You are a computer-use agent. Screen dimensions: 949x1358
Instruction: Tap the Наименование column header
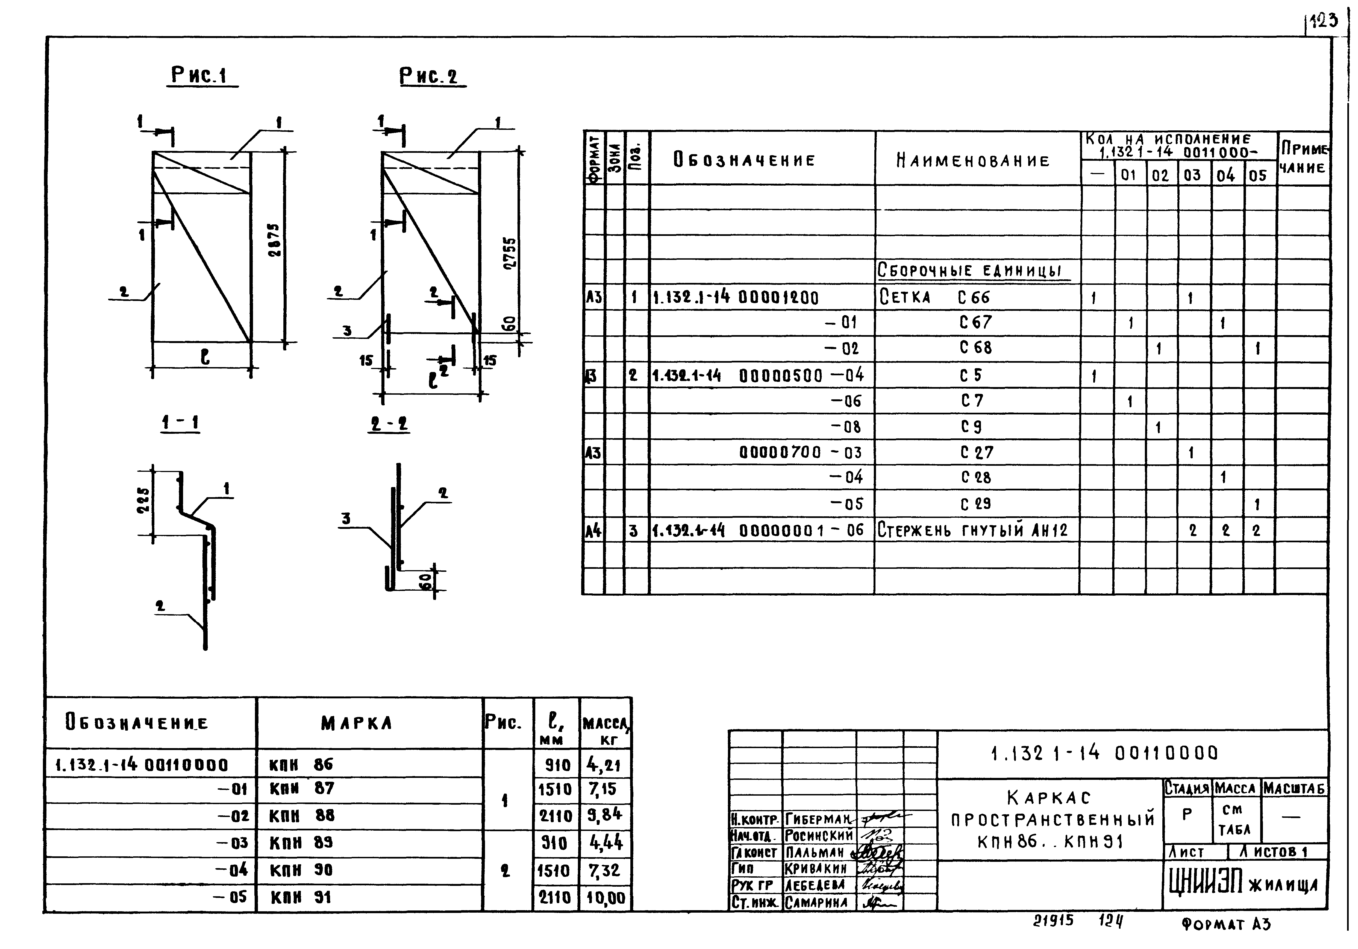(x=973, y=160)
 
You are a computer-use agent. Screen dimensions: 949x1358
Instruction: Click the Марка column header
(x=357, y=723)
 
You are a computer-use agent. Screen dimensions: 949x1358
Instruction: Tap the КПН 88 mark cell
(x=302, y=816)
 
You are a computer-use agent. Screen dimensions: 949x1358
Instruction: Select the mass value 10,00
(x=606, y=898)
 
